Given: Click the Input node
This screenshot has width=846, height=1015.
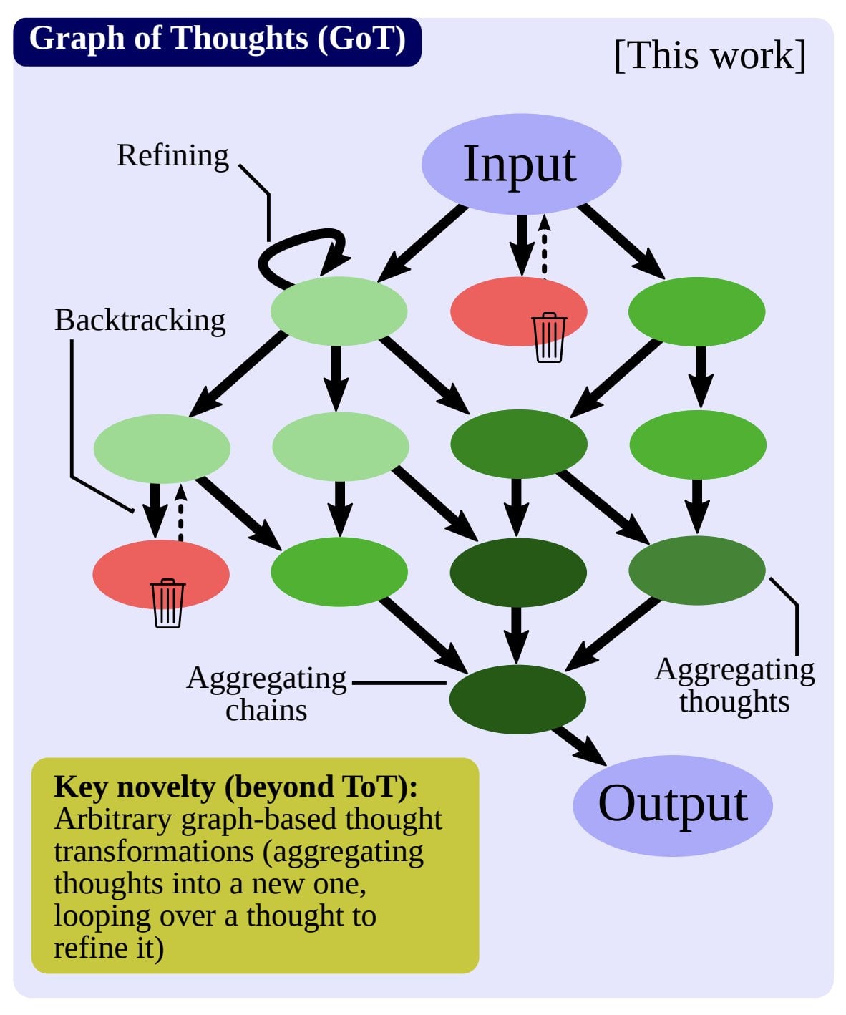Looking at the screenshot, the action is click(x=521, y=164).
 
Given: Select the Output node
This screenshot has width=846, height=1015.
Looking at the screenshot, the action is click(x=672, y=805).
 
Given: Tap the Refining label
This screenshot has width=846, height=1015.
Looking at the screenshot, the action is click(x=172, y=155).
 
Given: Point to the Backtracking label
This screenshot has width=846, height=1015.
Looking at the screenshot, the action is click(x=140, y=321).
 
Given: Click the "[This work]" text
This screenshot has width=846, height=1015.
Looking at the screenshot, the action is click(x=710, y=55).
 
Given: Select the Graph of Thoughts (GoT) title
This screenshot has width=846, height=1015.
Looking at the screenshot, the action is click(x=218, y=38).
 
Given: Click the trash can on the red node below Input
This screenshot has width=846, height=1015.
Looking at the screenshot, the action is click(x=550, y=337).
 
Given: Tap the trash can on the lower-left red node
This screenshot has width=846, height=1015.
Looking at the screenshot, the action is click(x=167, y=603).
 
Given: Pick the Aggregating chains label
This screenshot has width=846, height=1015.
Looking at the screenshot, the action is click(x=266, y=694).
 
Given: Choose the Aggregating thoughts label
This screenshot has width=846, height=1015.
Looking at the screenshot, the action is click(x=734, y=686).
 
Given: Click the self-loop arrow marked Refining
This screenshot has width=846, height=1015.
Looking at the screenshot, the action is click(x=301, y=258).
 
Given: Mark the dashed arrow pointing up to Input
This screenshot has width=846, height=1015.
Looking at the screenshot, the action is click(x=545, y=246).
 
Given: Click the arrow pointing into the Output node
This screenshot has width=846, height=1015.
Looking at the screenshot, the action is click(x=580, y=746).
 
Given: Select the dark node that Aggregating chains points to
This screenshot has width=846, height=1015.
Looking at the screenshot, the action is click(x=517, y=699).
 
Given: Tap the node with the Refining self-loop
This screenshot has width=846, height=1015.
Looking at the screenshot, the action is click(x=339, y=311).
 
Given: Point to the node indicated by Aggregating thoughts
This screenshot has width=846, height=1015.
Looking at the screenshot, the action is click(x=696, y=570).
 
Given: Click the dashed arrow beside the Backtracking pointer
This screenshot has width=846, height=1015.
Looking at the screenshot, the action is click(x=181, y=513).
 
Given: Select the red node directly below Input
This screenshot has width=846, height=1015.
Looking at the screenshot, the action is click(x=519, y=311).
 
